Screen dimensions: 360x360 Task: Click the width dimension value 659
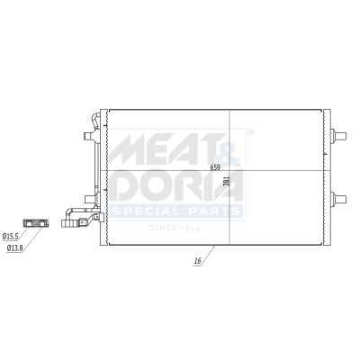pyautogui.click(x=215, y=167)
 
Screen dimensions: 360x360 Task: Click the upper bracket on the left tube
pyautogui.click(x=85, y=137)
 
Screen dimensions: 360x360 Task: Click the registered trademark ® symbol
pyautogui.click(x=250, y=131)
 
